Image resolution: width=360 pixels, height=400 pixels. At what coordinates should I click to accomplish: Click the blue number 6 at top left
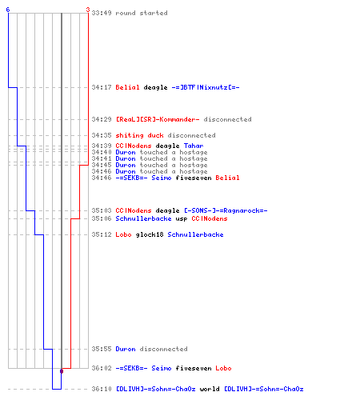point(8,10)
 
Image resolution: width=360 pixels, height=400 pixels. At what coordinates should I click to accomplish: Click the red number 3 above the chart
point(88,10)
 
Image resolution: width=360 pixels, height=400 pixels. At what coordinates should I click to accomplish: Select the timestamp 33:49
point(102,13)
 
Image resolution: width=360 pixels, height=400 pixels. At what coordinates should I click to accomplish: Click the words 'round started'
point(142,13)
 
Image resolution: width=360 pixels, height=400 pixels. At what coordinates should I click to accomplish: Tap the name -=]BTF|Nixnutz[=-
point(206,87)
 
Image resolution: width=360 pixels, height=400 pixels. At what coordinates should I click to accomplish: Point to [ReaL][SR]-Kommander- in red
point(158,119)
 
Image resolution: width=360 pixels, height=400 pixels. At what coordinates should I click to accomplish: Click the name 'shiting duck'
point(139,135)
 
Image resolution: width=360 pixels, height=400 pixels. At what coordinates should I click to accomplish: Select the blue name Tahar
point(194,146)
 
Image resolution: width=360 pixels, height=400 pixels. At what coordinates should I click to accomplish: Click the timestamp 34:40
point(102,152)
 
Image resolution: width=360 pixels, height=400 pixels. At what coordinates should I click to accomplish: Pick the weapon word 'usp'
point(182,219)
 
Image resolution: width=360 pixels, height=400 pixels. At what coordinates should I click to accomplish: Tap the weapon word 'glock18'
point(150,234)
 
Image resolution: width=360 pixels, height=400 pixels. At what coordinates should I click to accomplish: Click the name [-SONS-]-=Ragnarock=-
point(226,210)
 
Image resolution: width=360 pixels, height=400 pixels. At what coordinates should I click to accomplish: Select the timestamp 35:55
point(102,349)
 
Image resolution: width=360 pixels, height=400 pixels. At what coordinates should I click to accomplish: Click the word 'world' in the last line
point(210,389)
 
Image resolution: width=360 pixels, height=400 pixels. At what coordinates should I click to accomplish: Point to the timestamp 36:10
point(102,389)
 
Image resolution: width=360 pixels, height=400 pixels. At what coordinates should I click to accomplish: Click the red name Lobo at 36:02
point(223,368)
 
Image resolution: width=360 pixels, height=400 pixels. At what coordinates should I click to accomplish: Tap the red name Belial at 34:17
point(127,87)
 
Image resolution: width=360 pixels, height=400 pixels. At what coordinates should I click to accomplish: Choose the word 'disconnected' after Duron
point(163,349)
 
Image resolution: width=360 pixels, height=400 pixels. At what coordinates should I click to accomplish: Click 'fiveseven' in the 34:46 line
point(194,178)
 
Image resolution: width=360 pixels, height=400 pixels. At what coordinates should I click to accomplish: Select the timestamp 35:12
point(102,234)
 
